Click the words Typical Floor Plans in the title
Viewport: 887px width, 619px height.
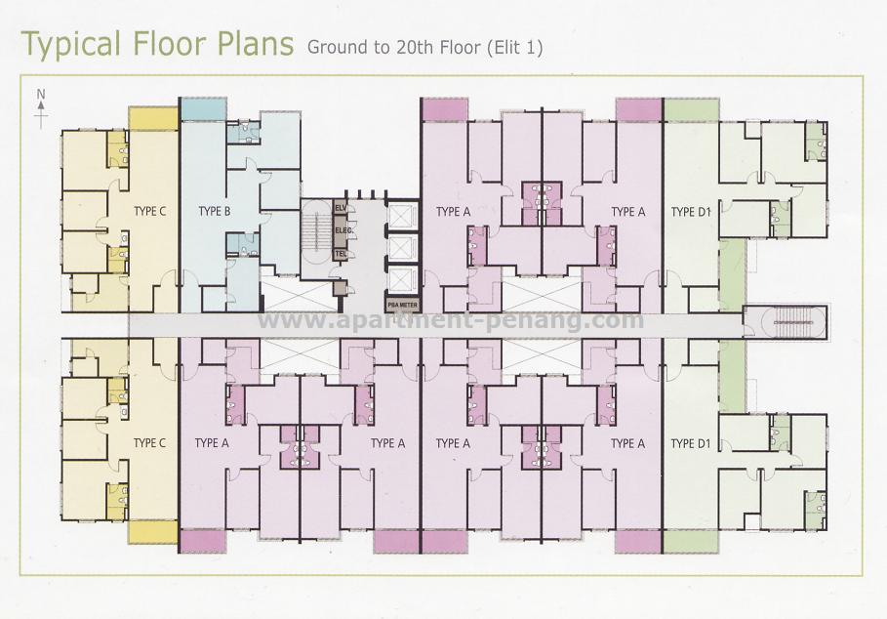(x=156, y=45)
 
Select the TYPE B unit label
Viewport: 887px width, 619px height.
(x=214, y=211)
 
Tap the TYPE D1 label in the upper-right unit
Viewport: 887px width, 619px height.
(x=690, y=212)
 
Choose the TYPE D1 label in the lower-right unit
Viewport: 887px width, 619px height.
(x=690, y=443)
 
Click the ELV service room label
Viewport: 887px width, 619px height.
(x=341, y=209)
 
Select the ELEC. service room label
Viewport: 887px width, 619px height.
(x=342, y=230)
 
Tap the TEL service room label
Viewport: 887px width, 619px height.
(x=341, y=253)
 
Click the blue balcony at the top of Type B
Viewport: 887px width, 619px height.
(x=204, y=109)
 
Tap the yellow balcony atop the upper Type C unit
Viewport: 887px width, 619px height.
(x=153, y=117)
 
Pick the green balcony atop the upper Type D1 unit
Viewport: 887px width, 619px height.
(x=690, y=109)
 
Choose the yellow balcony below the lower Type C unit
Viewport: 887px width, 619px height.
(x=153, y=532)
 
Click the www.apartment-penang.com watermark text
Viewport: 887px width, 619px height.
(x=449, y=320)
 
